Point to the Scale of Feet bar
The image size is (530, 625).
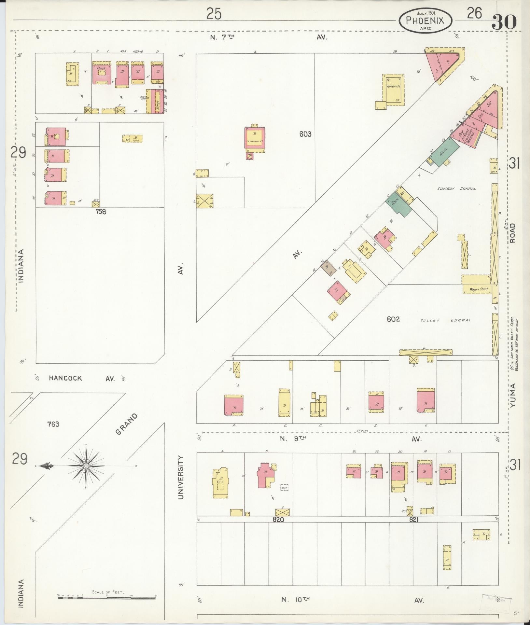click(107, 598)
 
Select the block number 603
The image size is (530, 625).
click(306, 134)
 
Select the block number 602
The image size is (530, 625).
click(393, 319)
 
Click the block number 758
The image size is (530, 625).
click(101, 211)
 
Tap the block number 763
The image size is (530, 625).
click(53, 424)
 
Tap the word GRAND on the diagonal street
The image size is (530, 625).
click(126, 424)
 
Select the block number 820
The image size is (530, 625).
click(278, 520)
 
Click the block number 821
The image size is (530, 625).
click(413, 520)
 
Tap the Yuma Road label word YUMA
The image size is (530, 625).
click(513, 396)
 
